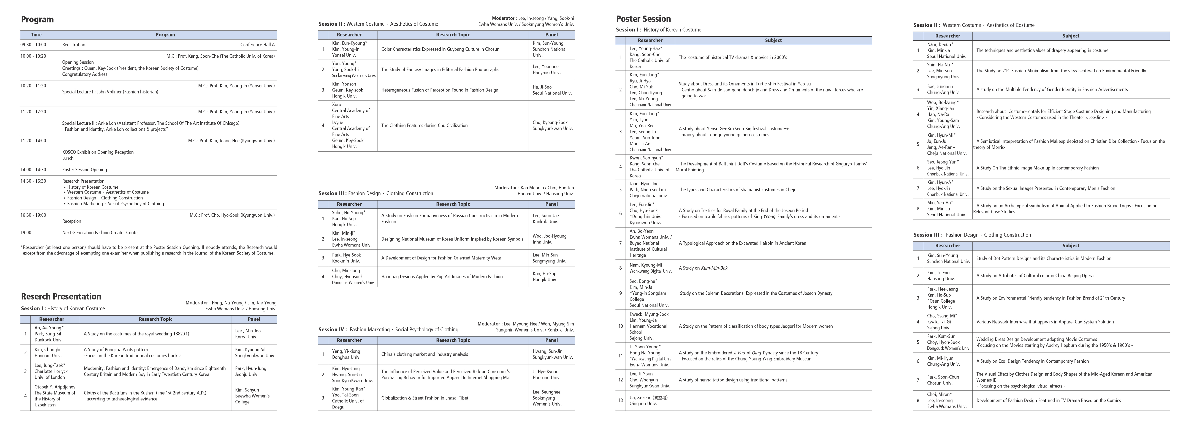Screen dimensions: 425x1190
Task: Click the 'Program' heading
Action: pos(37,19)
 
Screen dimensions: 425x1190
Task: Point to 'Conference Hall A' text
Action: pos(257,45)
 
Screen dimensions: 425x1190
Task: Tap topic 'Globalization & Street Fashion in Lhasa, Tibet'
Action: pos(425,398)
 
